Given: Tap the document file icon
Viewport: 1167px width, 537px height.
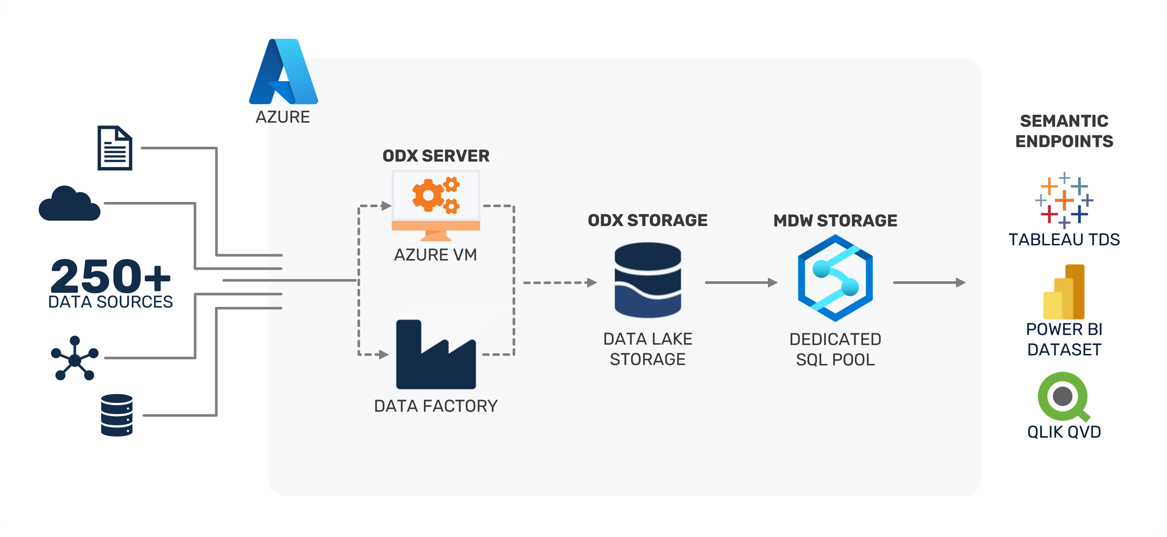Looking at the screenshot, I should (115, 148).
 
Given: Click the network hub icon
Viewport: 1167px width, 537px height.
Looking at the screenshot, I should (74, 358).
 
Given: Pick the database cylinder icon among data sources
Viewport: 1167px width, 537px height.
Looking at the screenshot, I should (117, 415).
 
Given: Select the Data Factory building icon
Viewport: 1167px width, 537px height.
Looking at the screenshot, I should (435, 355).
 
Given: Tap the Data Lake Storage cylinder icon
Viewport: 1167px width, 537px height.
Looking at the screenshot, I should (648, 280).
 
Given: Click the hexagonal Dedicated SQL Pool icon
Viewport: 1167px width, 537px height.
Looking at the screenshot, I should (835, 278).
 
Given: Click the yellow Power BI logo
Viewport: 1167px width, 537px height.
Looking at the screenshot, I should (1064, 292).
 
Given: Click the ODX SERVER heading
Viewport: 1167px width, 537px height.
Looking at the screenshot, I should (436, 156).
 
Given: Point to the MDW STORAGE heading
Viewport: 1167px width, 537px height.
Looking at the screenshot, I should (835, 221).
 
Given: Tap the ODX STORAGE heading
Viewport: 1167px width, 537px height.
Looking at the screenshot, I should (648, 221).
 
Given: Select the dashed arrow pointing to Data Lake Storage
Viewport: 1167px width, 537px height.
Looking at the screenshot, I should (560, 282).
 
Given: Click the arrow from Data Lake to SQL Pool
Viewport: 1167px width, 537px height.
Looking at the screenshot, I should (741, 282).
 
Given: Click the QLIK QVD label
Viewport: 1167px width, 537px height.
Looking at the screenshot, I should (1064, 432).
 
